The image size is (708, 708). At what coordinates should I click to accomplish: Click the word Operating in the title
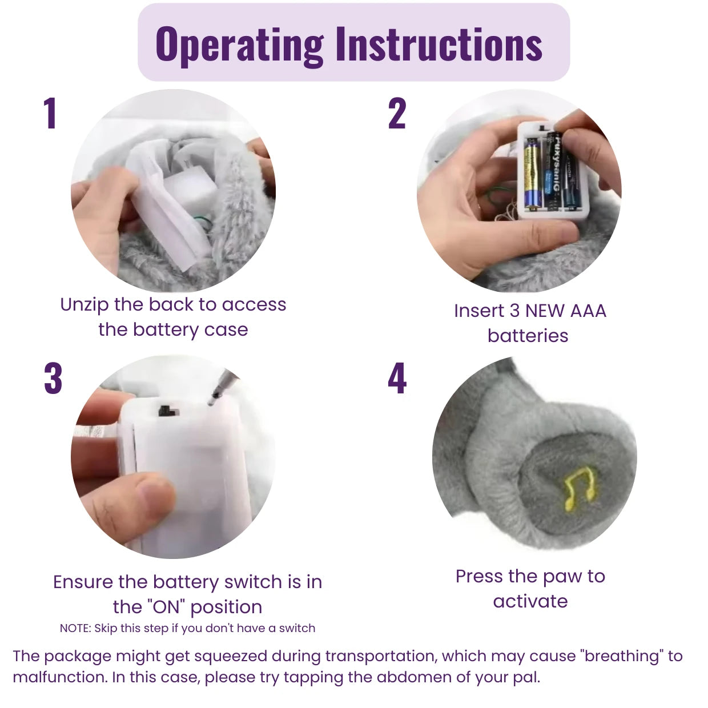coord(240,45)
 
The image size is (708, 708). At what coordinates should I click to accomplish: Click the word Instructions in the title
coord(439,45)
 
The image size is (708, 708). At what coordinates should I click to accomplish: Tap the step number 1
coord(50,113)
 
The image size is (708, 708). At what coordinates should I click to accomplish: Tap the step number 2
coord(397,113)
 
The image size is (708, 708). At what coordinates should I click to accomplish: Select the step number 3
coord(53,378)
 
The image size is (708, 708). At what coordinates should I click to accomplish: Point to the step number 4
coord(397,378)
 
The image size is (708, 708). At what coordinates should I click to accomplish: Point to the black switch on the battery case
coord(167,411)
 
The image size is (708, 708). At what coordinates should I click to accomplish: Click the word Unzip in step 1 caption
coord(84,305)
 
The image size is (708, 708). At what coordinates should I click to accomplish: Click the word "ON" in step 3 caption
coord(167,607)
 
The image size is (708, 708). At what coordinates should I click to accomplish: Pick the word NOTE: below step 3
coord(75,629)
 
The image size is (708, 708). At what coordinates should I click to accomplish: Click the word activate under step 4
coord(530,601)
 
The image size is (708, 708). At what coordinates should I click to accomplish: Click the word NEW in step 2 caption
coord(545,311)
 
